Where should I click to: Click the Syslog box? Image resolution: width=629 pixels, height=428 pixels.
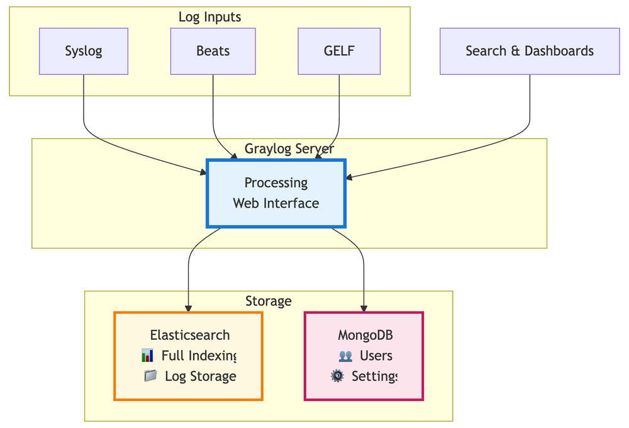[x=84, y=51]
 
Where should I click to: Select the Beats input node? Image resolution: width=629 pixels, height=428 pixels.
[x=213, y=51]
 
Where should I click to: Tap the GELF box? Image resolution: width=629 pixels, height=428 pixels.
[x=339, y=51]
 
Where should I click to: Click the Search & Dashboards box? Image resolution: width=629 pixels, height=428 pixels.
[x=530, y=51]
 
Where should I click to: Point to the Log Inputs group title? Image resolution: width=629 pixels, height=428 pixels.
[x=209, y=17]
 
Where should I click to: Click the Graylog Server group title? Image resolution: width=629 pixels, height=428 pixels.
[x=289, y=149]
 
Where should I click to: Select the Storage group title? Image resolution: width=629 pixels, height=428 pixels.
[x=269, y=301]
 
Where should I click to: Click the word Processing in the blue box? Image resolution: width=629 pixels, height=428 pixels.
[x=276, y=183]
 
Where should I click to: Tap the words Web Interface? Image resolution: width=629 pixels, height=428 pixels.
[x=276, y=203]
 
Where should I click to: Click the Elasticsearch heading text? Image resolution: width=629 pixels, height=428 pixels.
[x=190, y=335]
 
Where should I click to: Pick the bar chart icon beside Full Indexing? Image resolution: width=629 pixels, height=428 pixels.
[x=148, y=356]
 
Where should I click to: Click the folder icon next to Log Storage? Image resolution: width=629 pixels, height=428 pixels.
[x=150, y=376]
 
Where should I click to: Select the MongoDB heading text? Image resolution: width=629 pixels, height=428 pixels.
[x=365, y=335]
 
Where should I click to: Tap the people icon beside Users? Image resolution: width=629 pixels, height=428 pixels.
[x=345, y=356]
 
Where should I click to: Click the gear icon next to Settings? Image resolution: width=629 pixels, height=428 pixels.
[x=338, y=376]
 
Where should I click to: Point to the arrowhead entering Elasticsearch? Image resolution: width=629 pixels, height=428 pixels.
[x=188, y=308]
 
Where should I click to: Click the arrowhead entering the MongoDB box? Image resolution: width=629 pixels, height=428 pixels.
[x=364, y=308]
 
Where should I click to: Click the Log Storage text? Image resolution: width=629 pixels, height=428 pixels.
[x=200, y=376]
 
